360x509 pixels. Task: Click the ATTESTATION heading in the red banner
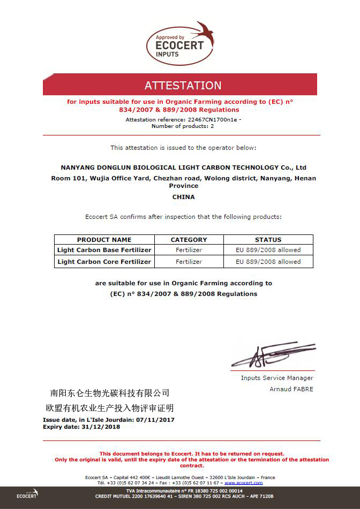(183, 86)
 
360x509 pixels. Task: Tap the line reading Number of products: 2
(183, 126)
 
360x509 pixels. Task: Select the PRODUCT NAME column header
(104, 240)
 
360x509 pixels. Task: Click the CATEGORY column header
(189, 240)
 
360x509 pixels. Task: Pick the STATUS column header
(268, 240)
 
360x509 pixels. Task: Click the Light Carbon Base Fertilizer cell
(104, 250)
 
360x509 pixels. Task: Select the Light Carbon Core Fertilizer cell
(104, 262)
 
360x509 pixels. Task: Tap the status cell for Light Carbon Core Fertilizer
(268, 262)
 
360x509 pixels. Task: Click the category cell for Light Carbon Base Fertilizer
(189, 250)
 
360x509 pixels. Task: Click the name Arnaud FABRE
(291, 389)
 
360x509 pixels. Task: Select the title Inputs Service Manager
(277, 378)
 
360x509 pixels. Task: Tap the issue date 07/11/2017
(155, 420)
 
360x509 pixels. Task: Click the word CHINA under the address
(183, 197)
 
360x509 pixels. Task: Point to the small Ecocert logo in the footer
(27, 494)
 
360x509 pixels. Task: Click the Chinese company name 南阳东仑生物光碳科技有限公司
(109, 393)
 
